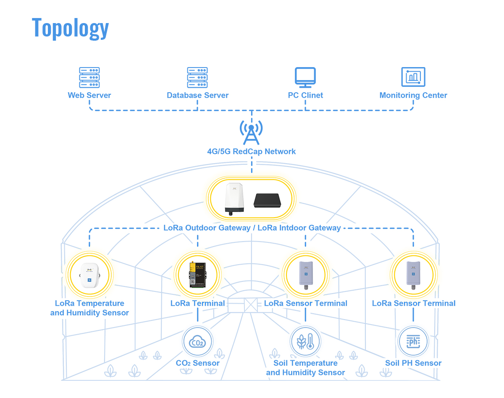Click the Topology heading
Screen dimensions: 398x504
[x=71, y=28]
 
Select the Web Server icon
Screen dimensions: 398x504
[x=89, y=78]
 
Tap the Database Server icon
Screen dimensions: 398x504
[x=197, y=78]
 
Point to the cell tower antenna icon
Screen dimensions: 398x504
[x=251, y=131]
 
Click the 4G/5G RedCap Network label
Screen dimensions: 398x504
[x=251, y=151]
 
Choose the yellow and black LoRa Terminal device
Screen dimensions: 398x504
[x=197, y=275]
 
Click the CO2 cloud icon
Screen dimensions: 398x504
[x=197, y=342]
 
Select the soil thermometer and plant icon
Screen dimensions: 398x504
[x=305, y=342]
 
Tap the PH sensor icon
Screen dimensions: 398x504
[x=413, y=342]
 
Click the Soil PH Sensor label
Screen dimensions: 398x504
[x=413, y=363]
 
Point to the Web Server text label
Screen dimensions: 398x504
[x=89, y=95]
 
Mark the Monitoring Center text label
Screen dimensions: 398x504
[x=413, y=95]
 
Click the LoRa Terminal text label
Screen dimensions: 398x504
[x=197, y=303]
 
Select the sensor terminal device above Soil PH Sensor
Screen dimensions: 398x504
[x=413, y=275]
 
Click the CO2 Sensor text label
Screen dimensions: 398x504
[x=197, y=363]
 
